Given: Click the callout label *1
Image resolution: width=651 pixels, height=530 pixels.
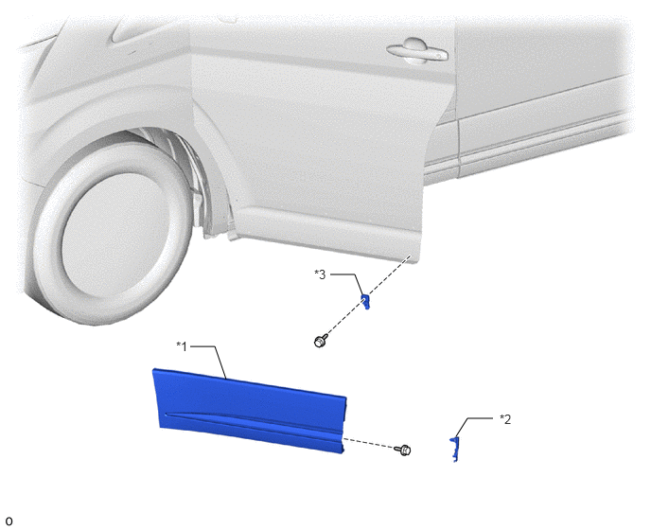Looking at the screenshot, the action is click(182, 346).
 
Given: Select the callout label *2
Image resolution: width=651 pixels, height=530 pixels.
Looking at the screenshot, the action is click(505, 419).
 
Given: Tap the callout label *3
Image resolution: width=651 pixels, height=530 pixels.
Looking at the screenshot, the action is click(320, 274).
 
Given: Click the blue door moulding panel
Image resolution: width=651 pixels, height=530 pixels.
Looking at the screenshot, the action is click(250, 410).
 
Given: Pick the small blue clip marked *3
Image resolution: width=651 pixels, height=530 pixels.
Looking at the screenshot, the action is click(365, 302).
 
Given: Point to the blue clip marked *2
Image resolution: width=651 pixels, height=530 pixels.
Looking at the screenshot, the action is click(455, 450).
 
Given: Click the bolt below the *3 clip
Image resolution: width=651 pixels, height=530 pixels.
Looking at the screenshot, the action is click(320, 342).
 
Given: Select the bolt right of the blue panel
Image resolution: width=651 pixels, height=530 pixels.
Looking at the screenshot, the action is click(404, 450).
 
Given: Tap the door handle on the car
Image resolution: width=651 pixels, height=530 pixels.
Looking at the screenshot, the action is click(417, 51).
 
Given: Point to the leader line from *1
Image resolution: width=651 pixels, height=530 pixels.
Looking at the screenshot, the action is click(215, 357).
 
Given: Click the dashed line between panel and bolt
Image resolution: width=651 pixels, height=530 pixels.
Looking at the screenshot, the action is click(369, 443).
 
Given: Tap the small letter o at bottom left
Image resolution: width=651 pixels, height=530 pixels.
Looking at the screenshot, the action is click(9, 521).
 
